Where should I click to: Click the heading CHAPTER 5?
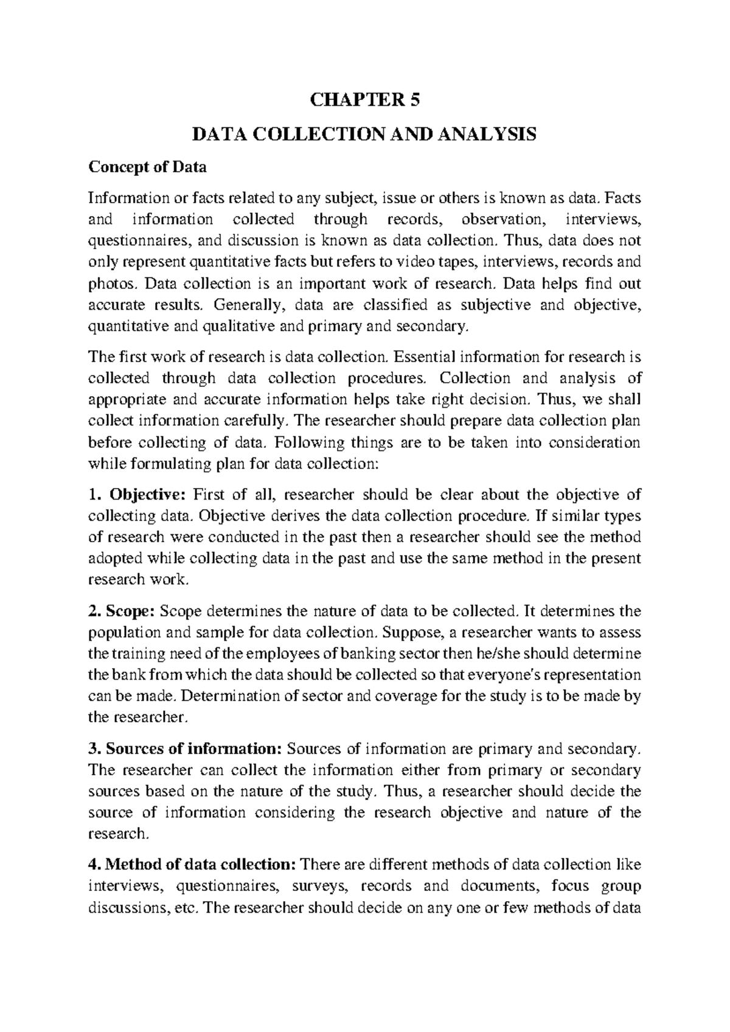click(365, 99)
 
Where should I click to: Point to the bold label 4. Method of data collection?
click(192, 863)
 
